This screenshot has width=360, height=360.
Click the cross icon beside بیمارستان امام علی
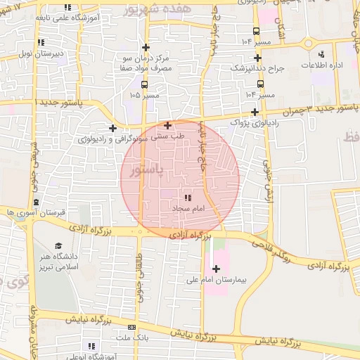click(215, 269)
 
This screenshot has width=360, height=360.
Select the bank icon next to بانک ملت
click(131, 328)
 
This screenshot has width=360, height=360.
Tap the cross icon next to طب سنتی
click(167, 125)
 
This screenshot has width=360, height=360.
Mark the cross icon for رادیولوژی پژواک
click(255, 112)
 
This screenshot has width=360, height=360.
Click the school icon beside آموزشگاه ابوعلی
click(91, 346)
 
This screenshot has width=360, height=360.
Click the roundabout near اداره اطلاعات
click(309, 44)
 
